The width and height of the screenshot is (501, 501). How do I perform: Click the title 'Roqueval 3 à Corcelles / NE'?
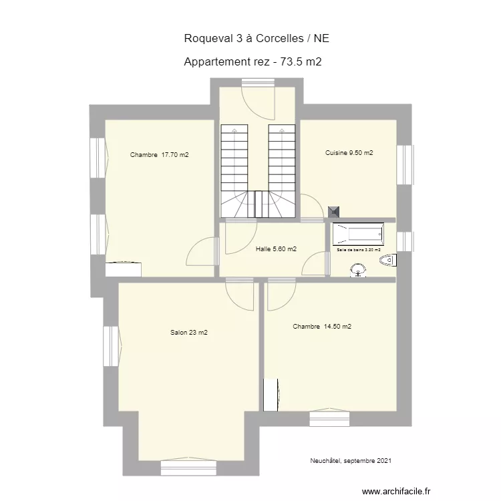[257, 39]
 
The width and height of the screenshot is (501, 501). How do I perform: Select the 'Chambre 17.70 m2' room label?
[160, 155]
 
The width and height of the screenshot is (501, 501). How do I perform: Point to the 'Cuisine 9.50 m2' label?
[349, 153]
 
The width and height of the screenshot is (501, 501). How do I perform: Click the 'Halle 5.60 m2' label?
[276, 249]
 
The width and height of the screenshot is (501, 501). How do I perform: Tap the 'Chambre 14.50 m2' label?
[322, 327]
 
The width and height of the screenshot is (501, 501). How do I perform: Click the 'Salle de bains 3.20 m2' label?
[359, 250]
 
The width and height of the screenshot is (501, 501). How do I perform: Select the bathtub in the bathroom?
[358, 234]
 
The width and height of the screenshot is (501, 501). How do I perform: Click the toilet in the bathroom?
[388, 260]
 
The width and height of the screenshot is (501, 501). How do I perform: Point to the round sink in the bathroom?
[359, 270]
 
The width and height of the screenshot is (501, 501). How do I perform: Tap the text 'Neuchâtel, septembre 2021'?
[351, 460]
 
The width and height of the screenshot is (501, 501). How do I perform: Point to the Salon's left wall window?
[110, 346]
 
